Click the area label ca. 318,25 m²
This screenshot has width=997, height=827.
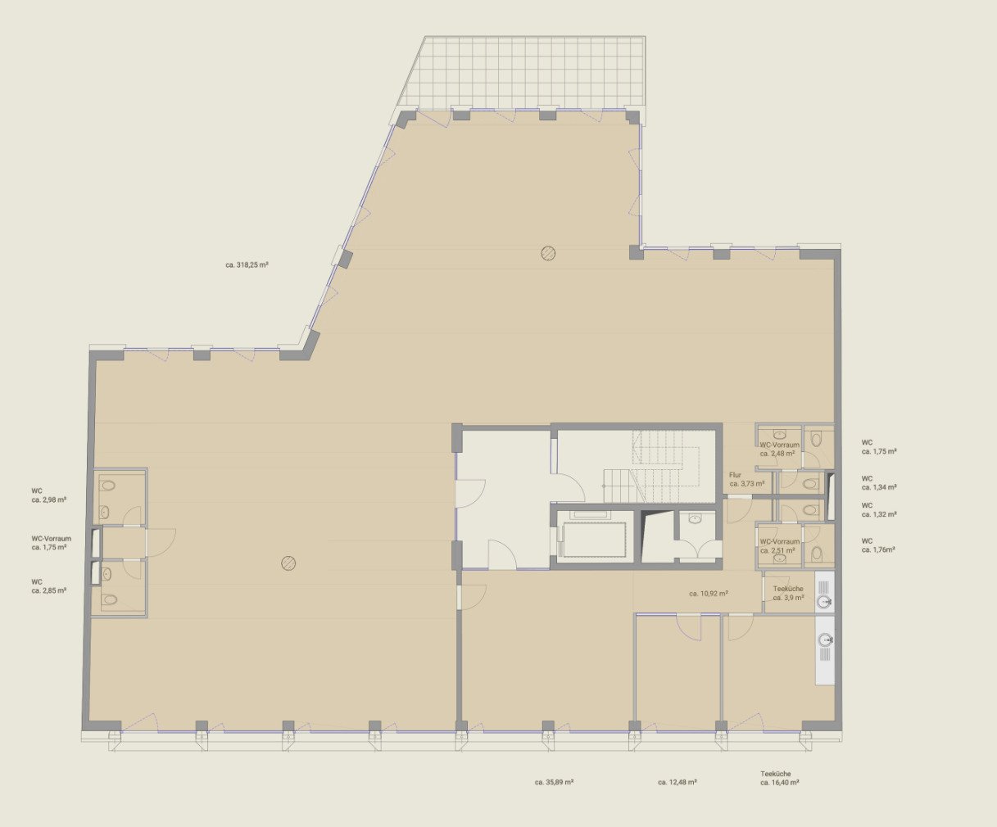pos(247,264)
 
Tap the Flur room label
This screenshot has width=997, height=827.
pos(735,475)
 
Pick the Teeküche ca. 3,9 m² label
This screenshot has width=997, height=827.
pos(788,593)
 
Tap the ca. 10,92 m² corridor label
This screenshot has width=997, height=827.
pos(709,594)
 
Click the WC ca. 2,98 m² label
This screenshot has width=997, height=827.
pos(48,495)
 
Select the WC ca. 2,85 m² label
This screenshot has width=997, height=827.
pos(48,586)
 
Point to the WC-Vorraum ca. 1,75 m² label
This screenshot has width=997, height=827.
pos(52,543)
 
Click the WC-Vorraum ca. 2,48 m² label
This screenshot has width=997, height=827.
pos(779,449)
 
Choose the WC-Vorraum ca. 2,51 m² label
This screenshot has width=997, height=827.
pos(779,546)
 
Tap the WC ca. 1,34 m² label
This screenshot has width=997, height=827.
pos(879,483)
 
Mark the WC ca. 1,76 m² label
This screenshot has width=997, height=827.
pos(878,545)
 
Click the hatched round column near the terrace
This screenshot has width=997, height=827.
pos(548,253)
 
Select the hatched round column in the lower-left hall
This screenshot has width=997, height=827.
pos(288,563)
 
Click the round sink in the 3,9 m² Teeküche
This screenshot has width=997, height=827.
pos(824,601)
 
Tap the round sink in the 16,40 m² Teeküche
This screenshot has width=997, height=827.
pos(825,639)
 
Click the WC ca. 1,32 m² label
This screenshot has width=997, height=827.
pos(879,509)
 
